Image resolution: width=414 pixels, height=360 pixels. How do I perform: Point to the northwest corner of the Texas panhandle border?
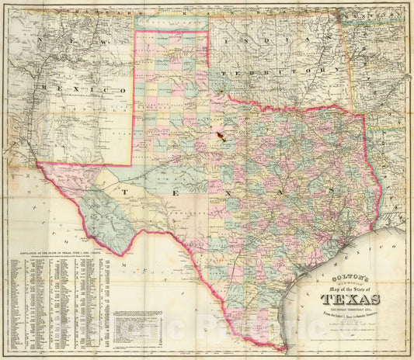tap(136, 32)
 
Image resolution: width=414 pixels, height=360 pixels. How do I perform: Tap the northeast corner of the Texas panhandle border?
tap(208, 32)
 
